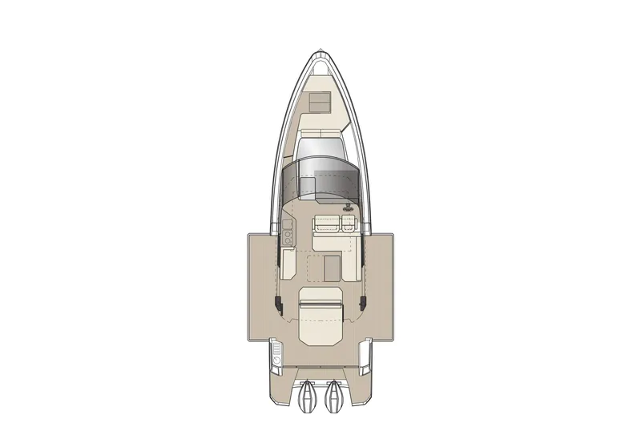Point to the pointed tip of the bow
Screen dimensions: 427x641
(x=320, y=50)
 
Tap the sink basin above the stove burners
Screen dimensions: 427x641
(x=288, y=216)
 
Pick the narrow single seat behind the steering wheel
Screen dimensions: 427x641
(x=350, y=224)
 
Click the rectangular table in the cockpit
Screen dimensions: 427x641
(x=329, y=266)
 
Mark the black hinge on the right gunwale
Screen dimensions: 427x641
(x=363, y=302)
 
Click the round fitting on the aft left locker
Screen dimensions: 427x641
(x=276, y=361)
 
